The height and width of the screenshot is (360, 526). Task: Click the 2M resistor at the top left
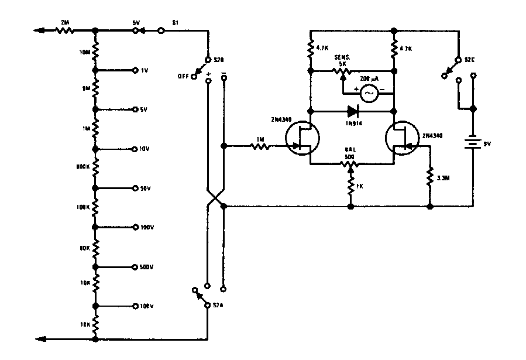click(63, 30)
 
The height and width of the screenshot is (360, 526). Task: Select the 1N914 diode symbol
click(352, 110)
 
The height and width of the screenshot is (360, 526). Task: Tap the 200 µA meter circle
click(369, 92)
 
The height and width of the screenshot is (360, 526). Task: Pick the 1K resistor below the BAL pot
click(350, 187)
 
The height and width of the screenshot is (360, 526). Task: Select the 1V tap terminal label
click(145, 70)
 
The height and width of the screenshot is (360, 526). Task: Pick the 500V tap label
click(146, 267)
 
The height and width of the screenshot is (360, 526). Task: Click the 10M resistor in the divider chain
click(95, 54)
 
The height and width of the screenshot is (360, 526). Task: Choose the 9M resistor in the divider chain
click(95, 90)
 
